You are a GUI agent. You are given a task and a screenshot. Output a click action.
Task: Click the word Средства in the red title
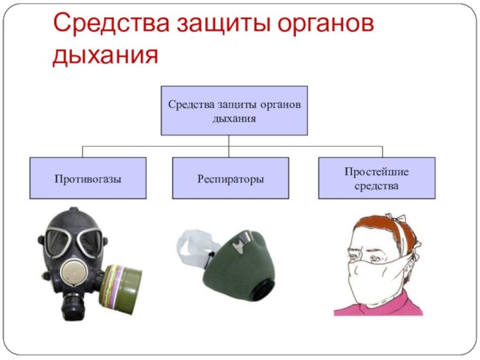tap(111, 23)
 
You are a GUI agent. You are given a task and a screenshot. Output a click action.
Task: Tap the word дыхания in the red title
tap(105, 55)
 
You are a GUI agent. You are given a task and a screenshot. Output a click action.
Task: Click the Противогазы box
tap(88, 178)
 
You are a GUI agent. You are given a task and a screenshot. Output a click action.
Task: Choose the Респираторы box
tap(231, 178)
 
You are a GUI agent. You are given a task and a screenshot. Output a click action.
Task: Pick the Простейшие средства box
tap(377, 178)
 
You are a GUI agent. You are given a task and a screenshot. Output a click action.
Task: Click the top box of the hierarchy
tap(234, 111)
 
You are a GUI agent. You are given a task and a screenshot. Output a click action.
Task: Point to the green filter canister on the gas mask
tap(120, 289)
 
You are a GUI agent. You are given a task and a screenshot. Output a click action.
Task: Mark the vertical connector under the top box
tap(229, 146)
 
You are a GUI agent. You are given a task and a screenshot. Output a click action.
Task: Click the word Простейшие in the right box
tap(377, 172)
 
